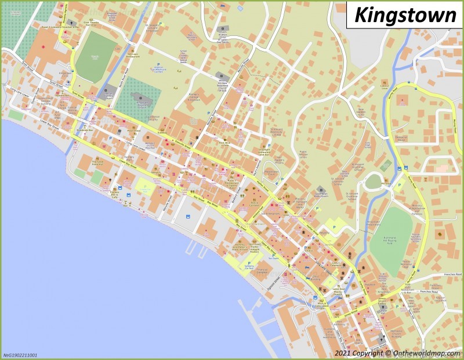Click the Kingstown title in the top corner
tap(405, 14)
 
